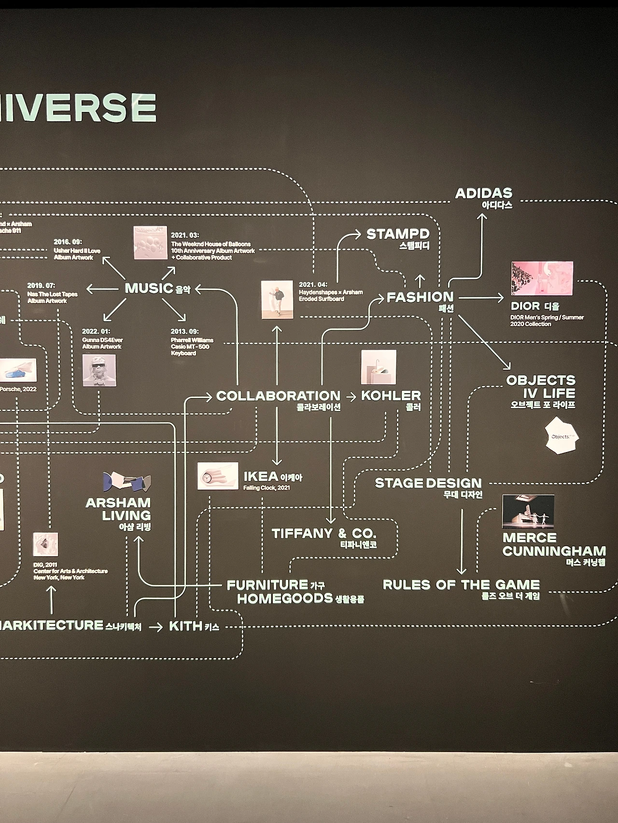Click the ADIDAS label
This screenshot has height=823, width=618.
point(483,193)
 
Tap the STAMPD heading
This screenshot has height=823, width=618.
point(397,234)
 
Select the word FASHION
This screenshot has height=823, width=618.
point(420,297)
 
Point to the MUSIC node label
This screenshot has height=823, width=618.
point(149,288)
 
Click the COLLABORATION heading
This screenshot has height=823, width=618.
point(278,396)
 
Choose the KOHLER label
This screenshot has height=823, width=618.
point(391,396)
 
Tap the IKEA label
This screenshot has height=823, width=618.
point(261,477)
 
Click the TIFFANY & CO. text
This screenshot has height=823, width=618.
point(323,534)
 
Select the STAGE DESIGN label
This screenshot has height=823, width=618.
point(428,483)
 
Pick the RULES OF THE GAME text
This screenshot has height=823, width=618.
point(461,585)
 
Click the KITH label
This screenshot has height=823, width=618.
point(185,626)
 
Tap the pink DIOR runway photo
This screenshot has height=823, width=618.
point(542,278)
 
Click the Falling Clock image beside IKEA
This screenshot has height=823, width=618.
point(218,476)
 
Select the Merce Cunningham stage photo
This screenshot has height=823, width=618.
point(528,511)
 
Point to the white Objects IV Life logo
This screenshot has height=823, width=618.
point(561,436)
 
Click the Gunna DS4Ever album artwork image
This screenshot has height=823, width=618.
point(99,370)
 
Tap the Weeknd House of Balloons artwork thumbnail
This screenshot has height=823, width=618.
point(150,243)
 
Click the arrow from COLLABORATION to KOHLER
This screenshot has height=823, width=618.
point(351,397)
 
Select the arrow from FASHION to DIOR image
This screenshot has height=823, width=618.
point(481,298)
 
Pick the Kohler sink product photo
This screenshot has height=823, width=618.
point(379,367)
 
